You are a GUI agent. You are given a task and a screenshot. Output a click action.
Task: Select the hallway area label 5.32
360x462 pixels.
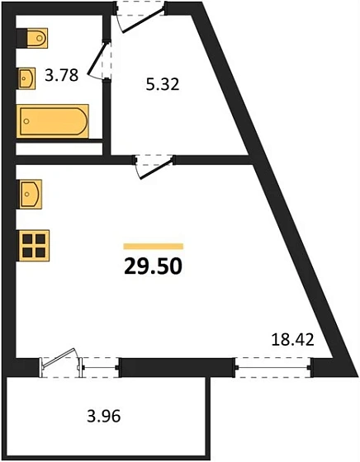(163, 83)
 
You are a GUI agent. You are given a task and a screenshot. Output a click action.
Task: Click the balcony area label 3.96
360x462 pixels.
(103, 416)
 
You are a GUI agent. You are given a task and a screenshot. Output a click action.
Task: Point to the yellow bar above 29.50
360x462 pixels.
(153, 246)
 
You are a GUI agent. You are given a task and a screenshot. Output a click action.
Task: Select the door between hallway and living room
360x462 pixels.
(154, 164)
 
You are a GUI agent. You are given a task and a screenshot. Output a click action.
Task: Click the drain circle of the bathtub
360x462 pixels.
(27, 122)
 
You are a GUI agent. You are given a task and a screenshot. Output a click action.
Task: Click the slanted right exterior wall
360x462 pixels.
(272, 181)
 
